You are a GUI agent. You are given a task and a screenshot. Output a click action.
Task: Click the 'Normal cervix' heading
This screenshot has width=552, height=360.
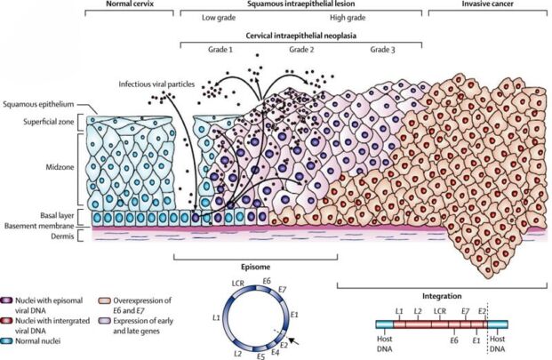tap(129, 4)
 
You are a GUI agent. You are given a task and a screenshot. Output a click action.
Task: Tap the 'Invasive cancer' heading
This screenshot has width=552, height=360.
tap(487, 4)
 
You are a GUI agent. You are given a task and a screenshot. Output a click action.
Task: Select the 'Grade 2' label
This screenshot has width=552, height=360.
tap(301, 49)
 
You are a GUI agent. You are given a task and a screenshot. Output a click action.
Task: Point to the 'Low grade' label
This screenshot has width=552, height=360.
tap(219, 17)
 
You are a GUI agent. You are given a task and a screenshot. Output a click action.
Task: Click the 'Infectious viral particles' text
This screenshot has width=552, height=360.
tap(156, 84)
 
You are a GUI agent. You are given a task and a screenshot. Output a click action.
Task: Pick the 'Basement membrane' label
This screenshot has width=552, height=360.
tap(39, 226)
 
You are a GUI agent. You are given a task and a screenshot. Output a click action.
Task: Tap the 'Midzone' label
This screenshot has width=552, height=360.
tap(60, 167)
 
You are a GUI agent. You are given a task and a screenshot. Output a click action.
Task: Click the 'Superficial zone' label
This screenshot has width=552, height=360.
tap(49, 122)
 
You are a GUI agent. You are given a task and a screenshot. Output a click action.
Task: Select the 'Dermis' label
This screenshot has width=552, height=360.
tap(62, 236)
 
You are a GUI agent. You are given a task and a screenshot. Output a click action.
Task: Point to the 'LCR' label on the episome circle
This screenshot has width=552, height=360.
tap(238, 283)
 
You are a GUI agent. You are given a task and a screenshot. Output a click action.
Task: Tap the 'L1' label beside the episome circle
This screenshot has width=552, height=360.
tap(217, 317)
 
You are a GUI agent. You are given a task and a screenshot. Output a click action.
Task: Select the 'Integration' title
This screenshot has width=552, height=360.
tap(442, 296)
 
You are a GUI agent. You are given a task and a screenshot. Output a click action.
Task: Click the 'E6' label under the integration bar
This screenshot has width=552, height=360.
tap(454, 340)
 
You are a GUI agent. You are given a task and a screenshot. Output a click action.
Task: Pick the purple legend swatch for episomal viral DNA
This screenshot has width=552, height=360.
tap(7, 300)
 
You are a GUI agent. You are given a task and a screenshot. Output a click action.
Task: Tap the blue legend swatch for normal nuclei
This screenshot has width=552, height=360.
tap(7, 341)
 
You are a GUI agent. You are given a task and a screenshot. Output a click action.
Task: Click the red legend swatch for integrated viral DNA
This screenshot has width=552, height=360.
tap(7, 321)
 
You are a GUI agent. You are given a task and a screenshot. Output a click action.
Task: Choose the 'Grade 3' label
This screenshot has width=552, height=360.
tap(382, 49)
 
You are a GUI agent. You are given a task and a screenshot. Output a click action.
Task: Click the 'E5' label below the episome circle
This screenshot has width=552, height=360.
tap(260, 356)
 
